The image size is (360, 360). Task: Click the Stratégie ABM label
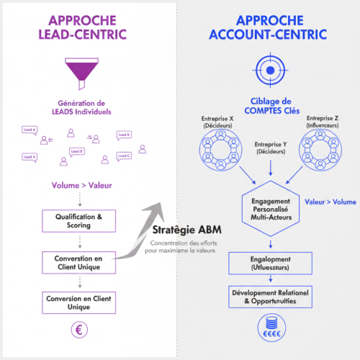(x=187, y=230)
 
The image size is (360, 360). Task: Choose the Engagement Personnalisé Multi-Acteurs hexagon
(x=269, y=207)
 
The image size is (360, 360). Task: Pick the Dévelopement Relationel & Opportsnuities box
(x=269, y=296)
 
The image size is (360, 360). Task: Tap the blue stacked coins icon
(x=269, y=330)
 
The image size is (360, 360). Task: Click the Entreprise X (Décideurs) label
(x=219, y=122)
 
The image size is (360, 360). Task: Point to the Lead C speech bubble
(x=124, y=156)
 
